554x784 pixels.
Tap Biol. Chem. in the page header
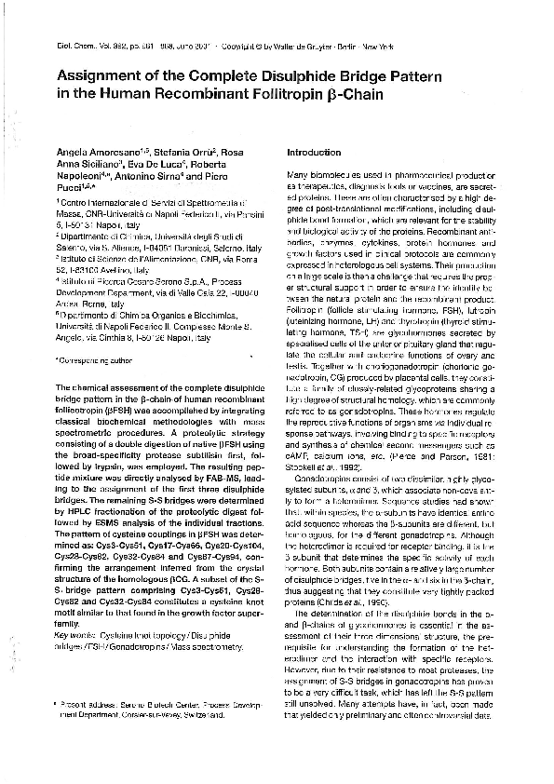pyautogui.click(x=71, y=44)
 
